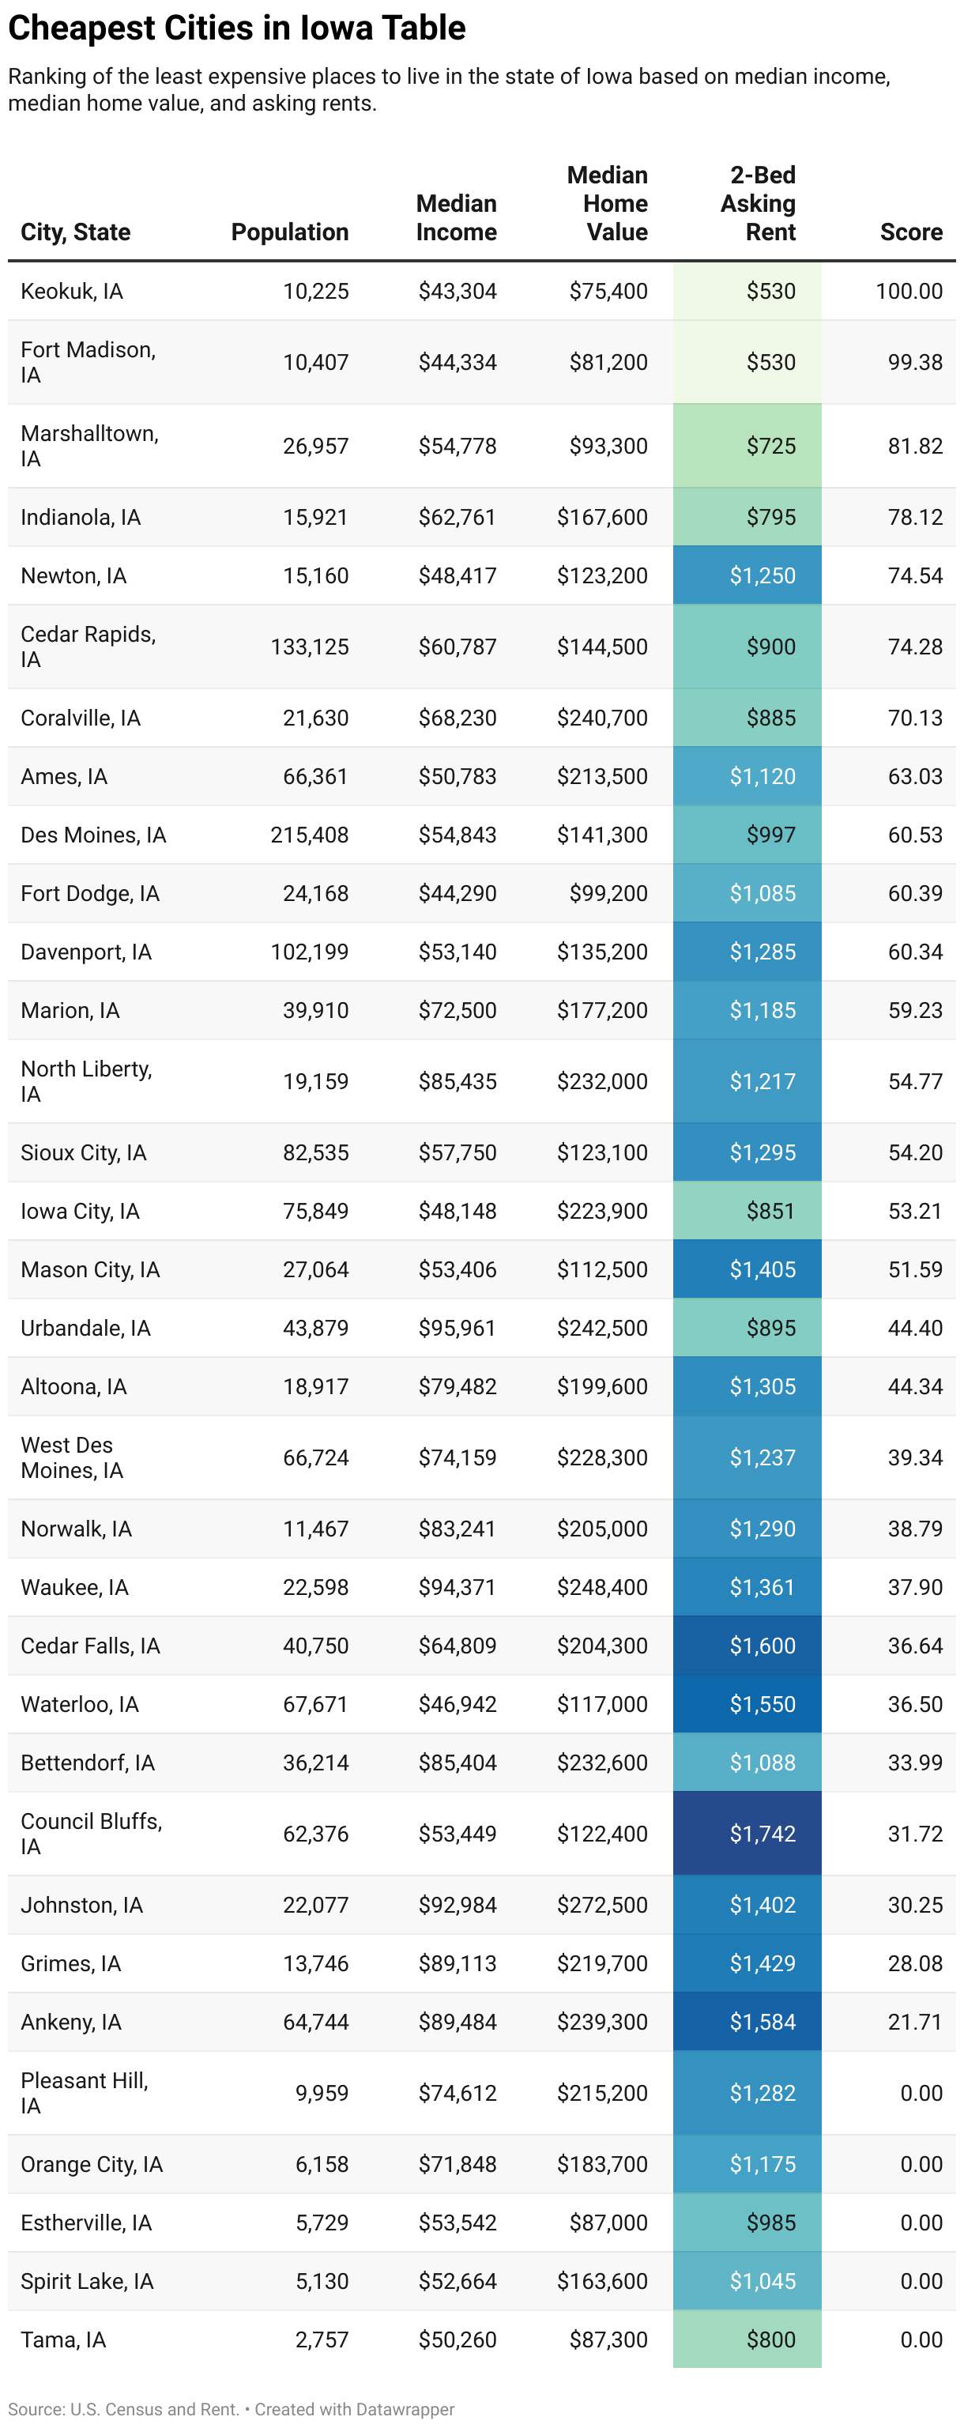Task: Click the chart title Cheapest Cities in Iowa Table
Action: [x=236, y=28]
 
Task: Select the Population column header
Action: [x=289, y=232]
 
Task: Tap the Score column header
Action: [x=910, y=232]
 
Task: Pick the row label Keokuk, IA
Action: [x=72, y=291]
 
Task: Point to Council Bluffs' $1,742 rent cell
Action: [x=762, y=1834]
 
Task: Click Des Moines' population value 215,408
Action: [x=309, y=835]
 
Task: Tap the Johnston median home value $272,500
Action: [x=601, y=1905]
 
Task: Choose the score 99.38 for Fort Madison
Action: [x=914, y=362]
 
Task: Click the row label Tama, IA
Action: [x=63, y=2339]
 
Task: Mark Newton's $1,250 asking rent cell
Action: [x=762, y=576]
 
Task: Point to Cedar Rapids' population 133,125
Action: [x=309, y=647]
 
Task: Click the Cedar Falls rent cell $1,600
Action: [x=762, y=1646]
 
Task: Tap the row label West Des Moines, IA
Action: [x=72, y=1457]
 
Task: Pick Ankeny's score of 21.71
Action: [x=914, y=2022]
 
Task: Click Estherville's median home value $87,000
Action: [x=608, y=2223]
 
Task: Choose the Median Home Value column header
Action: [x=607, y=204]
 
